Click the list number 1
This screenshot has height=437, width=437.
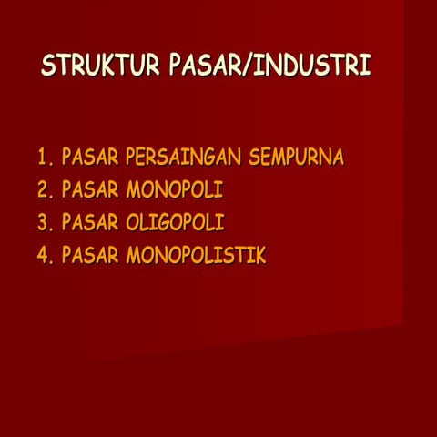(42, 158)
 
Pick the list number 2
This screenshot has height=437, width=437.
(43, 190)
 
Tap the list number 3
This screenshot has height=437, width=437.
(43, 223)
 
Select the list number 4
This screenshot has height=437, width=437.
(43, 256)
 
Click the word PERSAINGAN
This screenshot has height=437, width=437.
(178, 158)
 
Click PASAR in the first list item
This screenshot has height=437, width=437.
(90, 158)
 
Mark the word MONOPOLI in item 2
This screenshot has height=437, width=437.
(175, 190)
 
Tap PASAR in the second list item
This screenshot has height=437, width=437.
(90, 190)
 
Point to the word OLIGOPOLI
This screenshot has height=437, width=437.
(175, 223)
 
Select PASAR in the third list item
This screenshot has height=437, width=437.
(90, 223)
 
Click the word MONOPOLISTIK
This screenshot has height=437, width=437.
(196, 256)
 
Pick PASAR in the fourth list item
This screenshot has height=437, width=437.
(90, 256)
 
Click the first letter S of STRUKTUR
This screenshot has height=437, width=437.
(49, 66)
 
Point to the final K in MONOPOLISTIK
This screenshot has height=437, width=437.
(260, 256)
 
